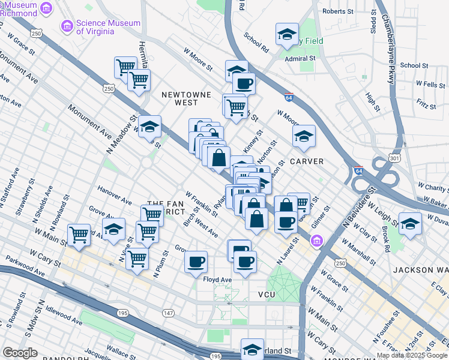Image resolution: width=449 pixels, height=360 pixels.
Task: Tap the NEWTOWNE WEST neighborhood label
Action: (x=179, y=98)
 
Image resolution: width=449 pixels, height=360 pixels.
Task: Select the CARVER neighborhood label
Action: (x=307, y=161)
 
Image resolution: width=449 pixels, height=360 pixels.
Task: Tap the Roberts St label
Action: (x=337, y=11)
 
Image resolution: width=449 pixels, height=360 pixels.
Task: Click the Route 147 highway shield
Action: (x=168, y=313)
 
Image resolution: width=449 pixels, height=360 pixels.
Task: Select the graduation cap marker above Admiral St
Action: (x=288, y=34)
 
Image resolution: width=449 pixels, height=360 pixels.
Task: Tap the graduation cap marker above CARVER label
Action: (x=304, y=136)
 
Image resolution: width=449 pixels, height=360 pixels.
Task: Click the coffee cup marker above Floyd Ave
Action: (x=196, y=262)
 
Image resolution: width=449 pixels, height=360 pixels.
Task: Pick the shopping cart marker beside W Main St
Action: (x=79, y=235)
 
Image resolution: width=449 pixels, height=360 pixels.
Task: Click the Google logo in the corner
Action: (x=20, y=353)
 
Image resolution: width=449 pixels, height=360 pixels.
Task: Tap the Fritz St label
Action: (x=425, y=106)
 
